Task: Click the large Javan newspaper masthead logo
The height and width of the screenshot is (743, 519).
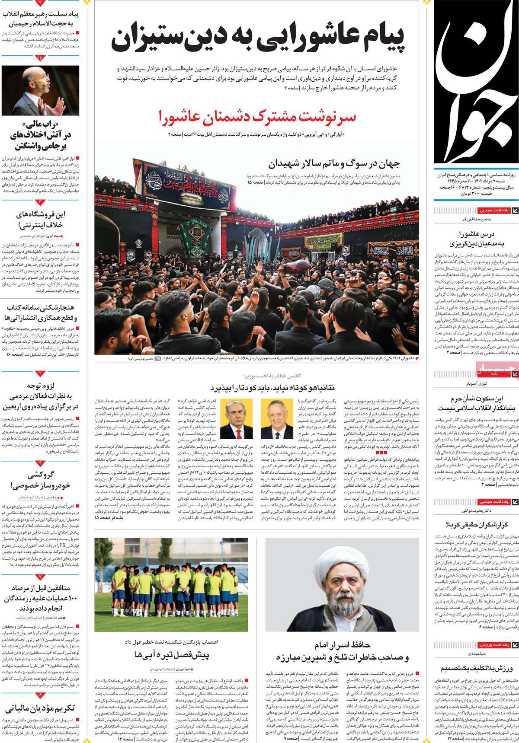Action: [476, 82]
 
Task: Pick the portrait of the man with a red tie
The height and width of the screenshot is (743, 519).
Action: [236, 419]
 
